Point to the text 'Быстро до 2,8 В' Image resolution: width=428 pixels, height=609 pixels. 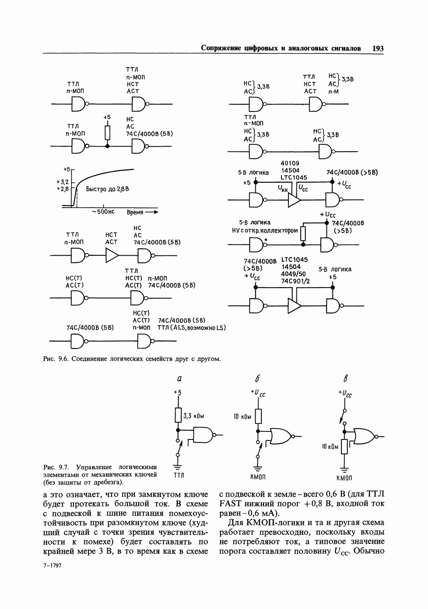(107, 189)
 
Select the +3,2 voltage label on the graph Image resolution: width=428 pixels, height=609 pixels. (62, 181)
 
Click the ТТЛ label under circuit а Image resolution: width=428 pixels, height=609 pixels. (179, 475)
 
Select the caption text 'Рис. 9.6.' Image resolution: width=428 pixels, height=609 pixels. (56, 359)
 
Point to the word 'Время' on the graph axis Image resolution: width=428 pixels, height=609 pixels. (135, 212)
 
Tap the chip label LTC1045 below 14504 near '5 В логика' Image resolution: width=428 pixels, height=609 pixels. (294, 178)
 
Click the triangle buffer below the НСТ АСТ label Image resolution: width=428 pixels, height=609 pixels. (112, 256)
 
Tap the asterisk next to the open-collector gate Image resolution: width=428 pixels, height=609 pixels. (266, 240)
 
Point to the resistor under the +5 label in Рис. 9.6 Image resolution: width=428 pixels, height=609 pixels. (107, 133)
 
